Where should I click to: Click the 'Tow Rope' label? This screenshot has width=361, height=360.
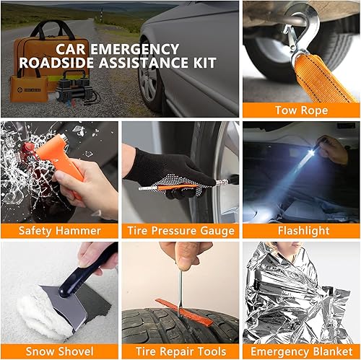click(x=301, y=110)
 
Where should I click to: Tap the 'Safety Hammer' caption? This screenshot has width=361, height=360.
click(x=59, y=231)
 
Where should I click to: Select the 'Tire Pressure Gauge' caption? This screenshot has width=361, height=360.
click(x=180, y=231)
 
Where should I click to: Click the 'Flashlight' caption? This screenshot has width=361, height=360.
click(x=301, y=231)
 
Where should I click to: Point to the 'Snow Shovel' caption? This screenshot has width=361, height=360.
click(x=59, y=351)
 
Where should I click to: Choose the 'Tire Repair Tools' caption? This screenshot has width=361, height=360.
click(x=180, y=351)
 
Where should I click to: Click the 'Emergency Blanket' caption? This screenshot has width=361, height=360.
click(x=301, y=351)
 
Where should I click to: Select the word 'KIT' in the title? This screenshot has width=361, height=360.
click(x=202, y=63)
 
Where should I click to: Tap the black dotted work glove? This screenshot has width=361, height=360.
click(x=155, y=170)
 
